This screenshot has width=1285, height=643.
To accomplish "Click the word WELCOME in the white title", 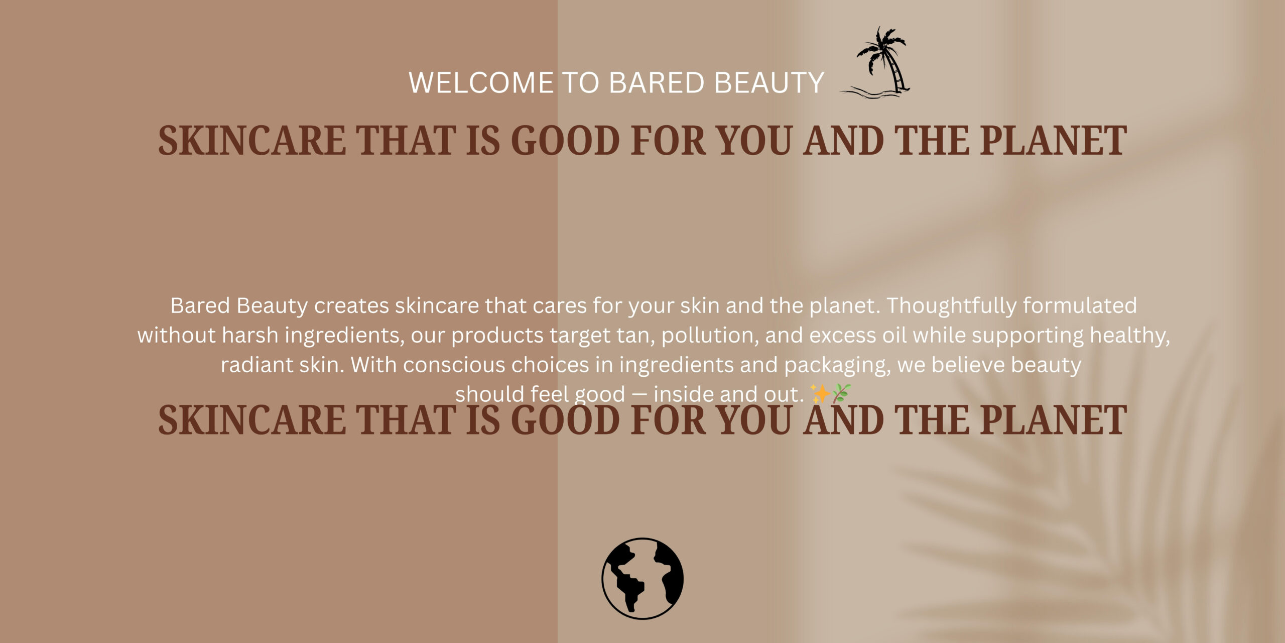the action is [x=481, y=82].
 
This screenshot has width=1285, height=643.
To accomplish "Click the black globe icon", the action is [x=642, y=578].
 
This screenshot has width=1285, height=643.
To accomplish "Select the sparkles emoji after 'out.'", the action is [x=820, y=394].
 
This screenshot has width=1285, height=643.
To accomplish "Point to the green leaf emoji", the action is [x=841, y=393].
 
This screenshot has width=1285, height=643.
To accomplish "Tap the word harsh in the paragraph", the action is [x=250, y=335].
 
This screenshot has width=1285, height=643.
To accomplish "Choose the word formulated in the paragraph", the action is [x=1080, y=305].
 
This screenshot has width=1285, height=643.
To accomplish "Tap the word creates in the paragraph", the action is [x=351, y=306].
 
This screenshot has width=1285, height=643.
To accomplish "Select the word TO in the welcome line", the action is [x=581, y=82].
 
